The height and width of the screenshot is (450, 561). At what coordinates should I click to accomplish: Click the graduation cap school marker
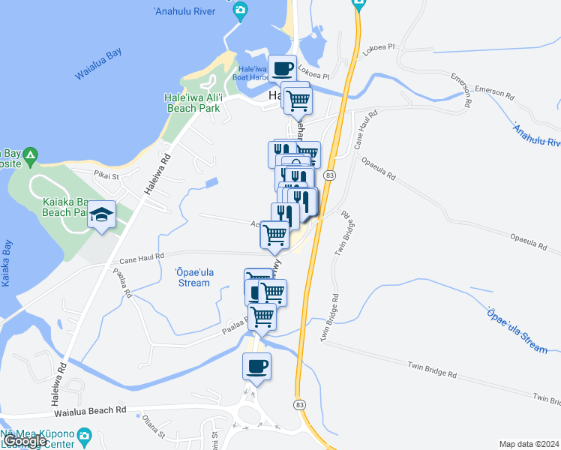pyautogui.click(x=101, y=216)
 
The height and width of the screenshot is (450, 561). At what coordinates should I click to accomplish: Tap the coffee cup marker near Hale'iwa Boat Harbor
pyautogui.click(x=283, y=69)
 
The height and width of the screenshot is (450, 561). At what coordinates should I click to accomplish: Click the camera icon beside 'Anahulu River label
pyautogui.click(x=240, y=10)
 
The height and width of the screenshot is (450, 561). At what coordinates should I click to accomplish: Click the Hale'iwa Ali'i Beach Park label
pyautogui.click(x=192, y=103)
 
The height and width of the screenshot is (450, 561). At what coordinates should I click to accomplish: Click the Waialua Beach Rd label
pyautogui.click(x=89, y=410)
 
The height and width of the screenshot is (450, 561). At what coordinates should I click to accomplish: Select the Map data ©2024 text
pyautogui.click(x=529, y=444)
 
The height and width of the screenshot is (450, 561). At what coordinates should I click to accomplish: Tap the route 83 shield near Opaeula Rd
pyautogui.click(x=330, y=175)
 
